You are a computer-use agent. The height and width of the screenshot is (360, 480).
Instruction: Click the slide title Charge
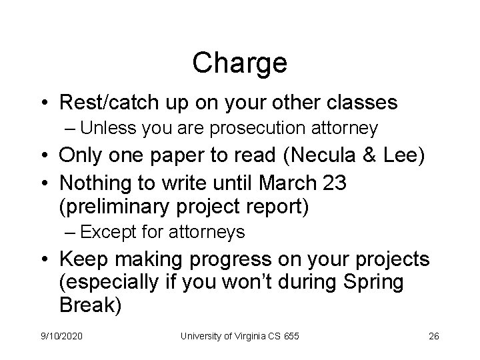point(239,63)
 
